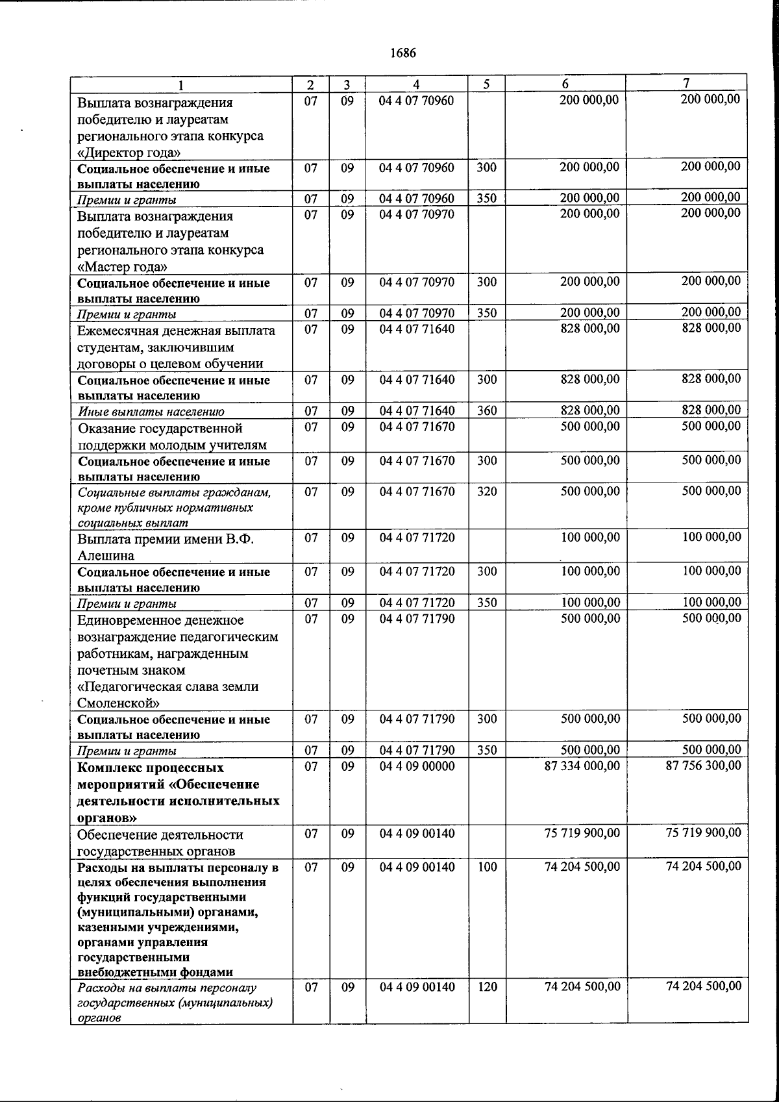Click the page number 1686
402,53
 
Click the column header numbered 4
416,84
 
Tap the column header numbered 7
686,83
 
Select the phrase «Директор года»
129,153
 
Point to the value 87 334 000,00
582,766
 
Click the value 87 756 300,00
703,766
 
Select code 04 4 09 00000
417,766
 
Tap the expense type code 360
486,410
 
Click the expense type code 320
486,492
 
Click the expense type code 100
487,867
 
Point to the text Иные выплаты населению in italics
151,412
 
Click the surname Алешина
106,556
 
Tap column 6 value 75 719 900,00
582,833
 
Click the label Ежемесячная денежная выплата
176,331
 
